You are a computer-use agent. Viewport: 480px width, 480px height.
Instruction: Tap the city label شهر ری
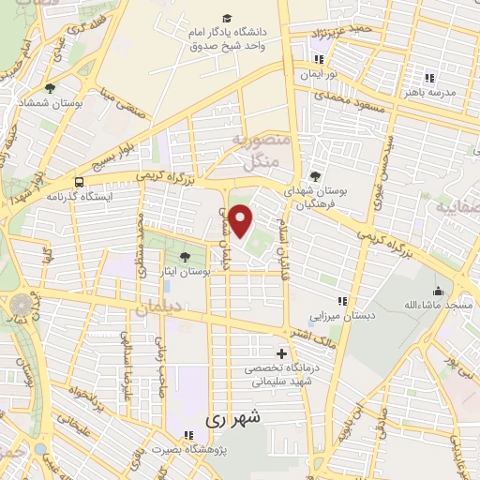[x=235, y=417]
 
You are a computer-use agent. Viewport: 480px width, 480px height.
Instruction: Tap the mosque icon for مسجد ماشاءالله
[x=438, y=291]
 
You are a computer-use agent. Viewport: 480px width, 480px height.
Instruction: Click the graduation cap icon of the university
[x=227, y=19]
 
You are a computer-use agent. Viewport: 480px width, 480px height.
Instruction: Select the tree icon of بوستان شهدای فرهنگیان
[x=315, y=175]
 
